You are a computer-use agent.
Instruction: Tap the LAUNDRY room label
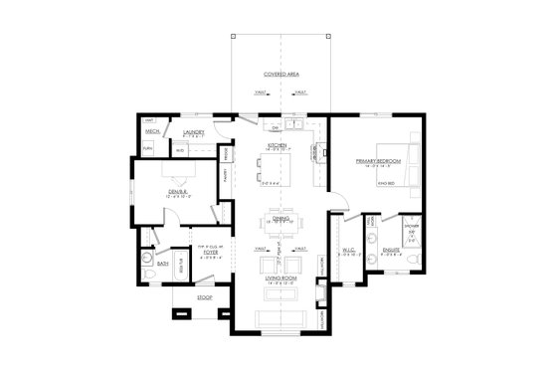click(x=193, y=131)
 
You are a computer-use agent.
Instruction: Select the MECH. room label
click(x=153, y=131)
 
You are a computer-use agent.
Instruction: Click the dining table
click(x=279, y=224)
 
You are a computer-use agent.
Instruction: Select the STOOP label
click(x=189, y=295)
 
